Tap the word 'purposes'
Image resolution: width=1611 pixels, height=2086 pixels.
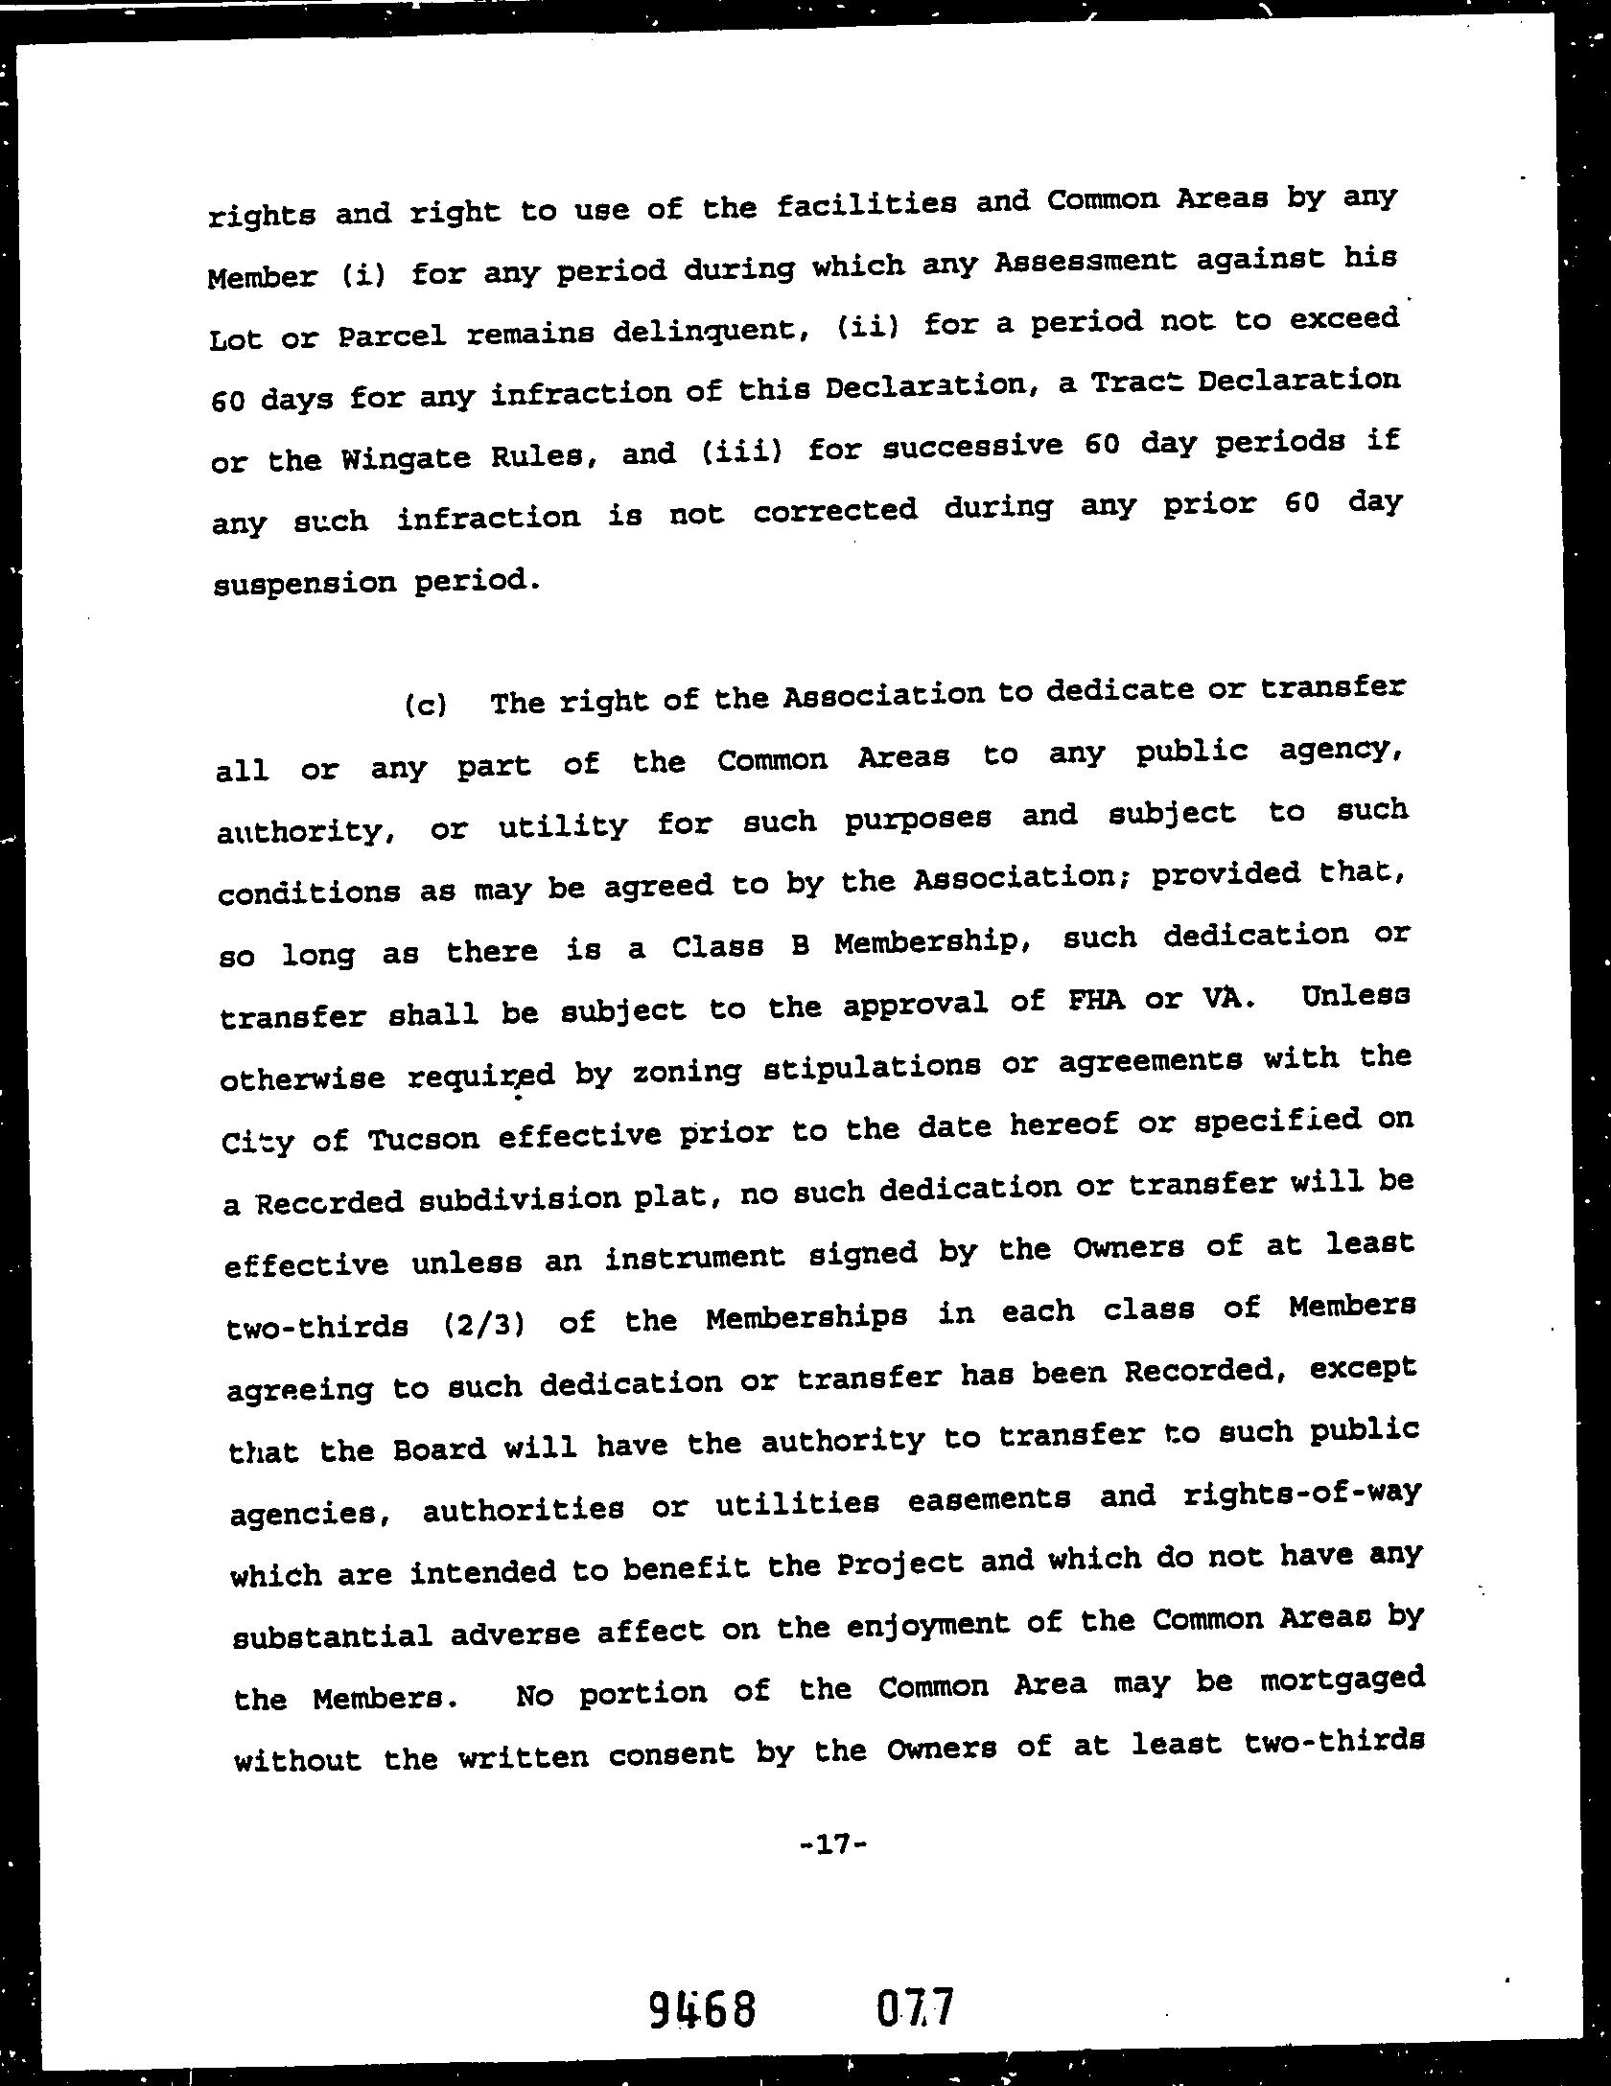click(x=918, y=819)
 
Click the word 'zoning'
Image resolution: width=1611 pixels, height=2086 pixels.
click(x=686, y=1071)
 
